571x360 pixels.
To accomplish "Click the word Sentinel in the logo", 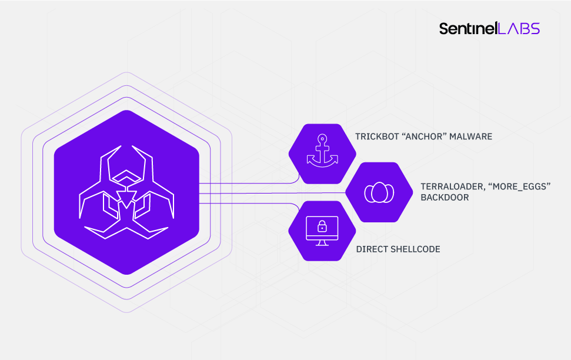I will [468, 28].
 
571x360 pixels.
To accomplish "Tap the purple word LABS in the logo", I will [518, 28].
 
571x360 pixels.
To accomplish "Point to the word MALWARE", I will [472, 136].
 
